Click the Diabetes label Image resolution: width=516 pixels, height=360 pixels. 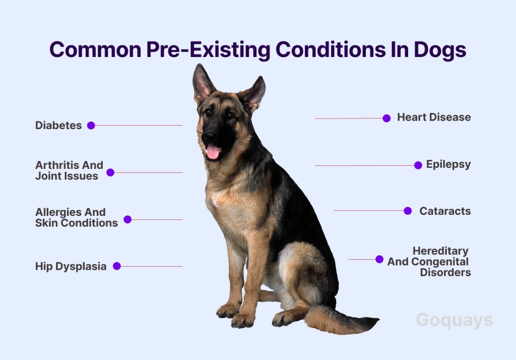(58, 125)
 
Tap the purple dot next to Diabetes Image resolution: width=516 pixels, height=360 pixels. (91, 126)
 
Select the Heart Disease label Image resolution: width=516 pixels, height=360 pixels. (434, 117)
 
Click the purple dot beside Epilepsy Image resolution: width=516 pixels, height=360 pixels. (418, 165)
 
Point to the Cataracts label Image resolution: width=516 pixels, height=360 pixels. (445, 211)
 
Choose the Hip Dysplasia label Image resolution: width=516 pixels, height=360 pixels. (71, 266)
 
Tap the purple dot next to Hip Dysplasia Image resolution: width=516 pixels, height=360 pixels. (117, 266)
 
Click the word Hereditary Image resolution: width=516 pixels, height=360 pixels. (440, 251)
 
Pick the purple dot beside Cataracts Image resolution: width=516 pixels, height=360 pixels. (408, 211)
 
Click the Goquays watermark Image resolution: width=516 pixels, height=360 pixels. (455, 320)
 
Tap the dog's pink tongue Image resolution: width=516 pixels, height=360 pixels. (213, 152)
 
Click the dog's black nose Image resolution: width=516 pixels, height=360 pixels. (209, 136)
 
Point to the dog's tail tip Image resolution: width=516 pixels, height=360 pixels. (377, 319)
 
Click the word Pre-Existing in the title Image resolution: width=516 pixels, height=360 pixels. (208, 50)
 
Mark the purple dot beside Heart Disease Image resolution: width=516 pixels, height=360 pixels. (386, 118)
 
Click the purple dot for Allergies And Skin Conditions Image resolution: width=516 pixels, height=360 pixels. (127, 219)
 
